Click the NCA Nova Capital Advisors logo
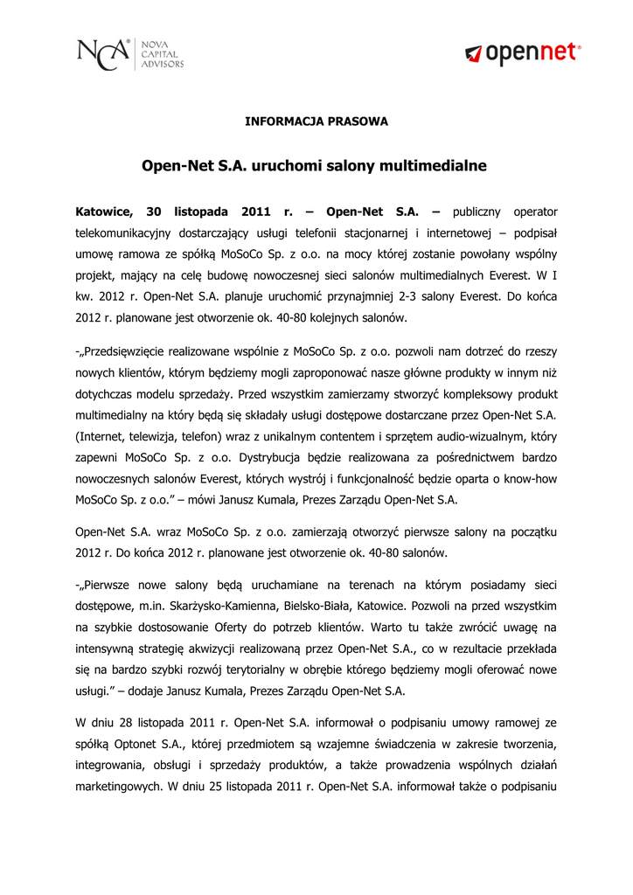[130, 53]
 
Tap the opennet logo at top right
[522, 54]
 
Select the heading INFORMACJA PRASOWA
[316, 121]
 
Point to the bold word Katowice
[103, 212]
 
